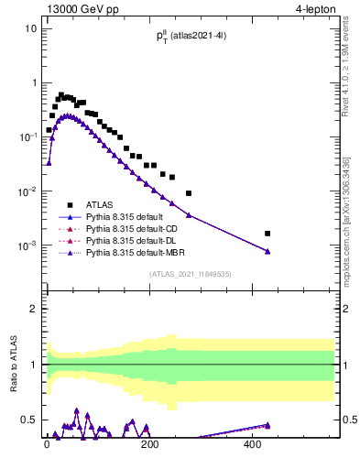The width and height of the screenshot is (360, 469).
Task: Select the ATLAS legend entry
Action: point(102,205)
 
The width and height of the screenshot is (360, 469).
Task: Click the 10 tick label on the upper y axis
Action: point(29,28)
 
